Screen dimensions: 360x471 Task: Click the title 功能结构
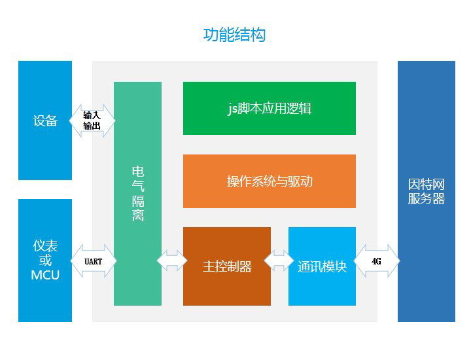[234, 35]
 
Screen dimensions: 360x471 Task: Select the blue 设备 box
[45, 120]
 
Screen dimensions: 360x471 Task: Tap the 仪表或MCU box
[45, 261]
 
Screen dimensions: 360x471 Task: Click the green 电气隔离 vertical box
[137, 194]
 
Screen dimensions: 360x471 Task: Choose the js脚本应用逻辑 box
[270, 109]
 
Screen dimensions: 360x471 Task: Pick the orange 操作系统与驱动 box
[270, 181]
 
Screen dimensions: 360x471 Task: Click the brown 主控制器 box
[227, 266]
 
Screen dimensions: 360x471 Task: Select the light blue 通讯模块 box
[322, 266]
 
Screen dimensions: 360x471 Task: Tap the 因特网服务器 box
[427, 192]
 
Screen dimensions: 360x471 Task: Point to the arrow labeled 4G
[377, 261]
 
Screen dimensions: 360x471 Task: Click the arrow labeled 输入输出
[92, 120]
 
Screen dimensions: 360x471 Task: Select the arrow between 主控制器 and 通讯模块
[279, 261]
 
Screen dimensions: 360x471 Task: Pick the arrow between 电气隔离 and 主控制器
[172, 261]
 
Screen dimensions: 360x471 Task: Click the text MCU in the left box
[45, 276]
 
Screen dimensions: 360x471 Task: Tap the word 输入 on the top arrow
[92, 115]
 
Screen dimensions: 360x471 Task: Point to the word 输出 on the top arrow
[92, 126]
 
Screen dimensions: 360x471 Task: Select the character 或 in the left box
[45, 261]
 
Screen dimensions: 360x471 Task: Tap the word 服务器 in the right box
[427, 199]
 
